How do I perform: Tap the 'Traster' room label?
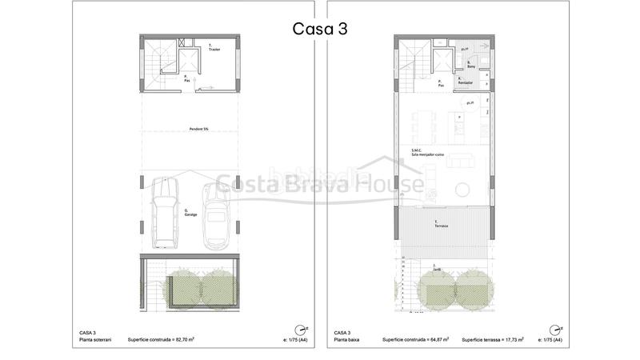(x=214, y=49)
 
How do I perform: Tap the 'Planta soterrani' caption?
(x=97, y=340)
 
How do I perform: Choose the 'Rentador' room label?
(x=465, y=82)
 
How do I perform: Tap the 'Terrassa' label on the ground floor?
(x=441, y=226)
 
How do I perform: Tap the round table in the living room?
(x=464, y=190)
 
